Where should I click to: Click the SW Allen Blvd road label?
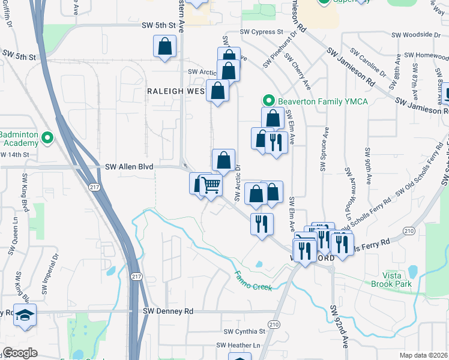point(129,166)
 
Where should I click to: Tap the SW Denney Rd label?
point(168,311)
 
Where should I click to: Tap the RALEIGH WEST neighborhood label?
point(176,91)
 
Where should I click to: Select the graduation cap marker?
point(25,316)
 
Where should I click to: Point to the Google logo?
point(20,353)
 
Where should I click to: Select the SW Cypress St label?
point(261,31)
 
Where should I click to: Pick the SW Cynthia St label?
point(244,331)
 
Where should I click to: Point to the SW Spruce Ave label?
point(325,149)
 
